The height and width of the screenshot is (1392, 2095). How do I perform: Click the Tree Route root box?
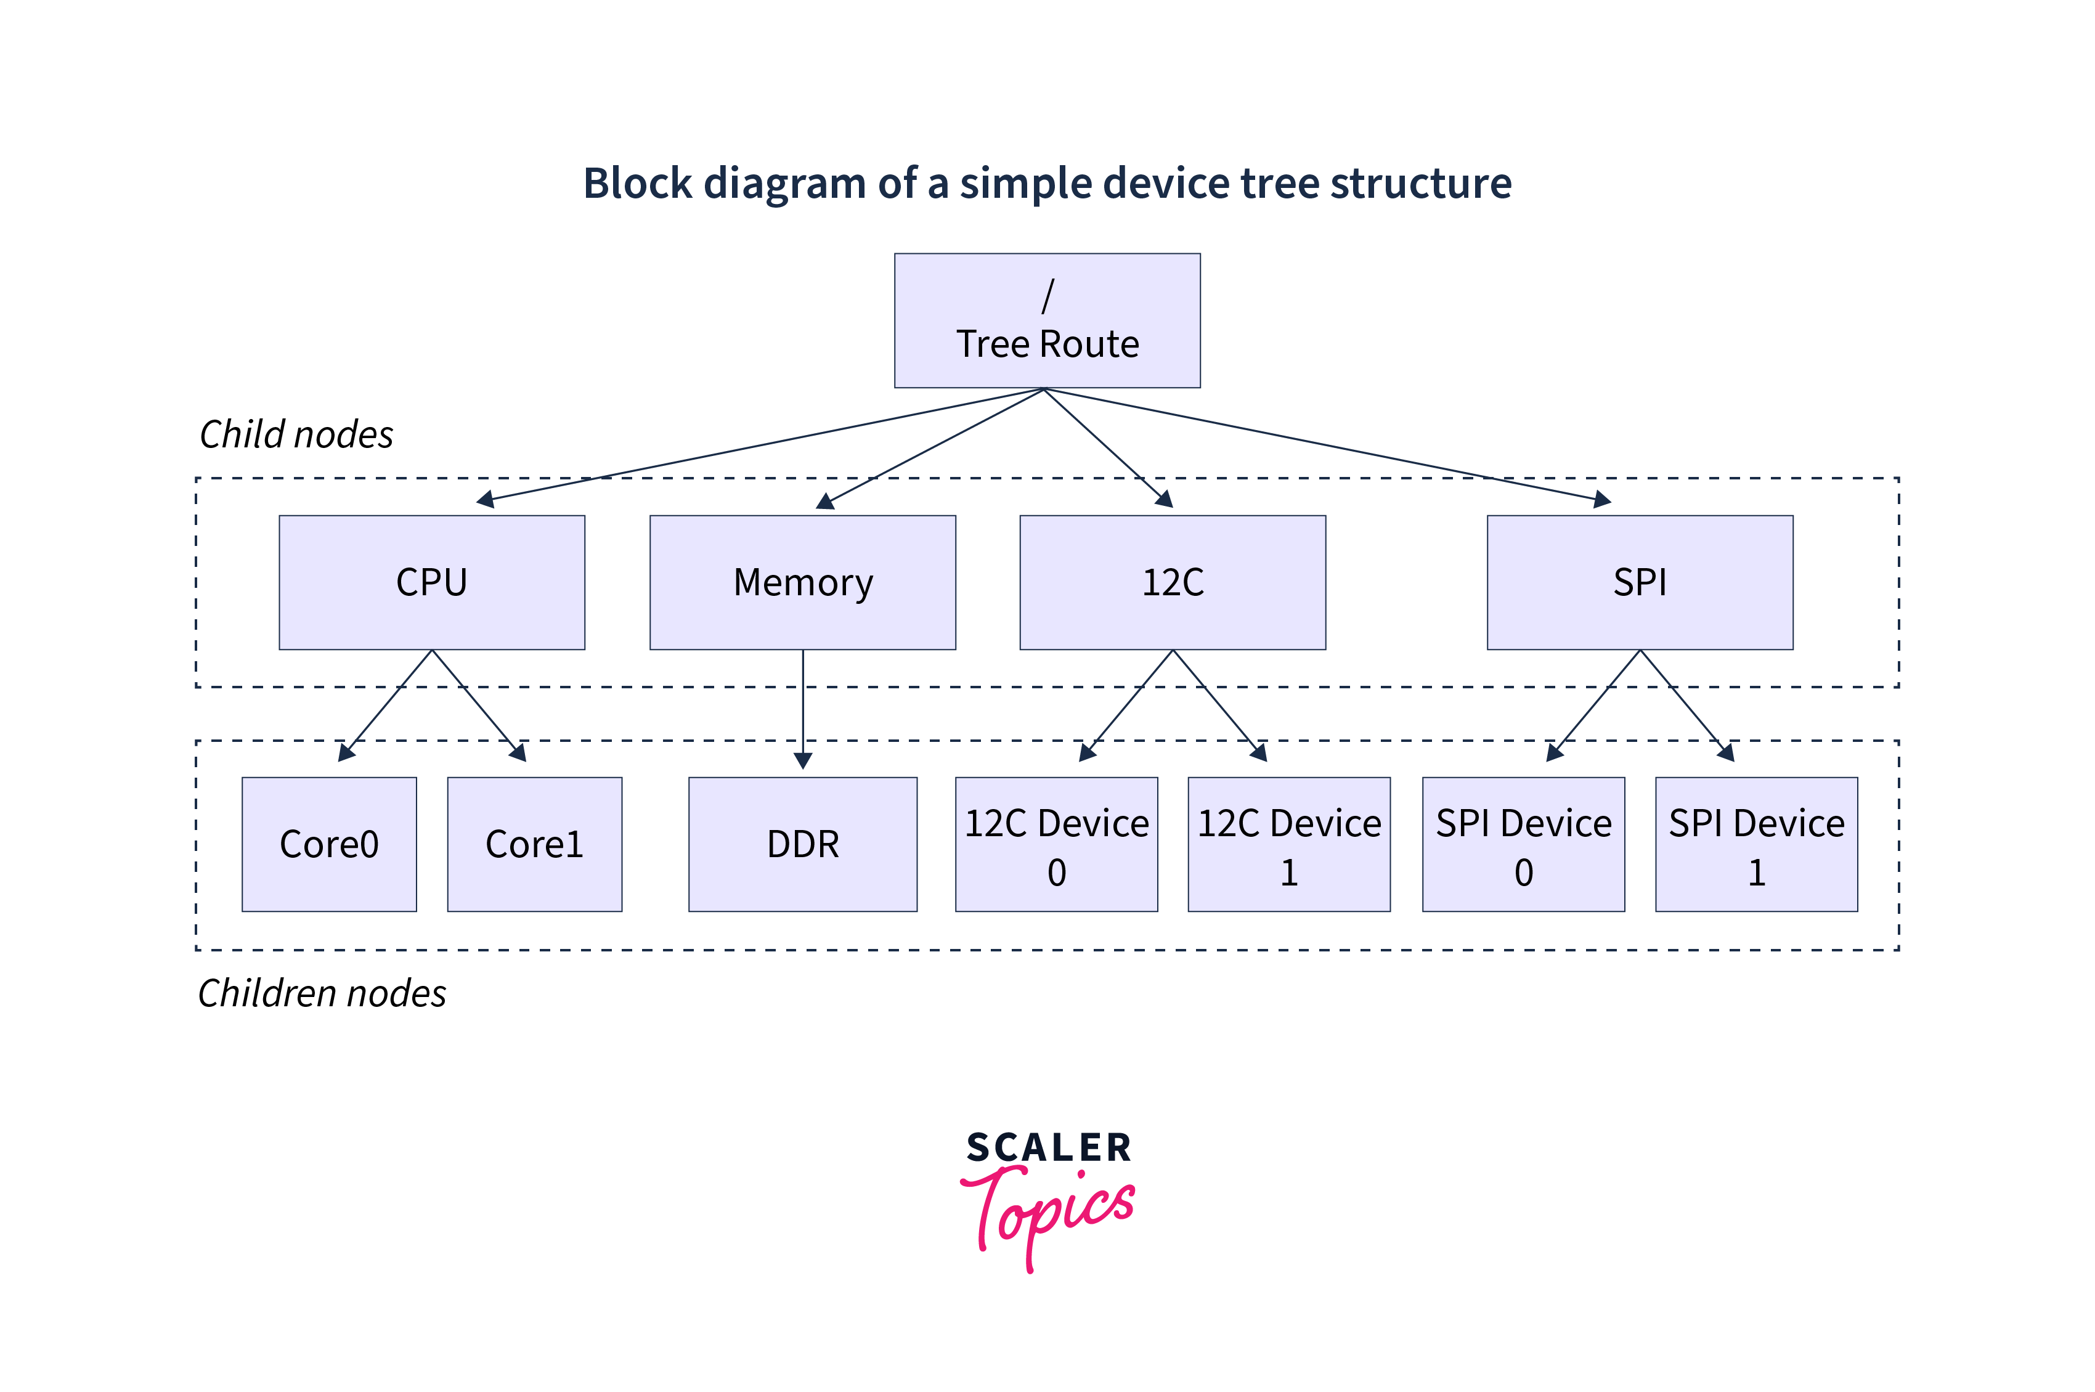click(1047, 320)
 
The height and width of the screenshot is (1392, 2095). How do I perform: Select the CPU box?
click(431, 582)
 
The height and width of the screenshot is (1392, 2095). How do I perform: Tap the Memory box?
click(802, 582)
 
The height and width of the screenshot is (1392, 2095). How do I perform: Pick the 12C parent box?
click(1172, 582)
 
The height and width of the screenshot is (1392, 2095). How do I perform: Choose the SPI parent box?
click(1640, 582)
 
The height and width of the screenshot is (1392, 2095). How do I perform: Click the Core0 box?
click(328, 844)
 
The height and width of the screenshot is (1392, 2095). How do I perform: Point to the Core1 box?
click(534, 844)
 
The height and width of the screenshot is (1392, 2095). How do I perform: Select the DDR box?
click(802, 844)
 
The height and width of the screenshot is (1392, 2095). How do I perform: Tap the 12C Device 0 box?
click(1056, 844)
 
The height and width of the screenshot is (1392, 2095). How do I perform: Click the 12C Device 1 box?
click(1289, 844)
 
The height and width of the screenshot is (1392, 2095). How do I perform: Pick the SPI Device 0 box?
click(1523, 844)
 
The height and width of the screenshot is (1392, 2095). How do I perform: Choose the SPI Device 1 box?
click(1756, 844)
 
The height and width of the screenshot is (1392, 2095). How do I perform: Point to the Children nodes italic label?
click(322, 993)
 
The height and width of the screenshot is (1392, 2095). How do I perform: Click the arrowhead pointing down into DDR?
click(802, 762)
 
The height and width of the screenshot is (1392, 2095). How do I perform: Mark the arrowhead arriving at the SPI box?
click(1602, 500)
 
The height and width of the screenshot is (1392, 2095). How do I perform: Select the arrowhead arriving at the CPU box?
click(485, 500)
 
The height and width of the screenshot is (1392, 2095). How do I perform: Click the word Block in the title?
click(637, 184)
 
